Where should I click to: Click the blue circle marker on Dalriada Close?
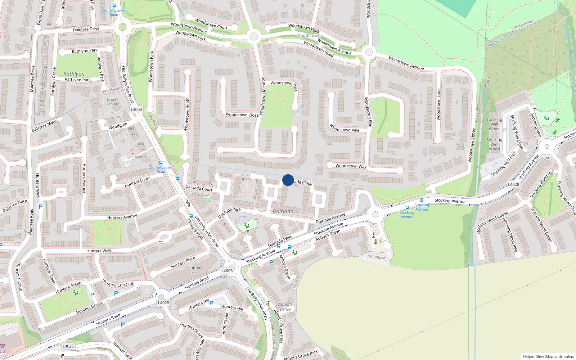click(288, 180)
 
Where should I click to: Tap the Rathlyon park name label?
click(74, 74)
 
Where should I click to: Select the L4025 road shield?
click(68, 346)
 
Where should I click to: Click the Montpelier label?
click(144, 157)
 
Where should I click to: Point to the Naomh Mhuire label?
click(113, 102)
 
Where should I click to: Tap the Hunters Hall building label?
click(195, 270)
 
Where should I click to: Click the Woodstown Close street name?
click(242, 115)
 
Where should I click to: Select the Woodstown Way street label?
click(351, 166)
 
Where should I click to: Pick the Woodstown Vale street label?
click(345, 128)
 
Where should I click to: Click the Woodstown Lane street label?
click(438, 104)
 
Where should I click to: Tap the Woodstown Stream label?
click(501, 40)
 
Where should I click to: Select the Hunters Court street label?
click(137, 182)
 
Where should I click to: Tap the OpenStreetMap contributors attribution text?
click(548, 356)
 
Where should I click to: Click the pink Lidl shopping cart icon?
click(3, 346)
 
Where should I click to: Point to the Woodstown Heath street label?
click(187, 114)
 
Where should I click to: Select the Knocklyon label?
click(111, 90)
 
